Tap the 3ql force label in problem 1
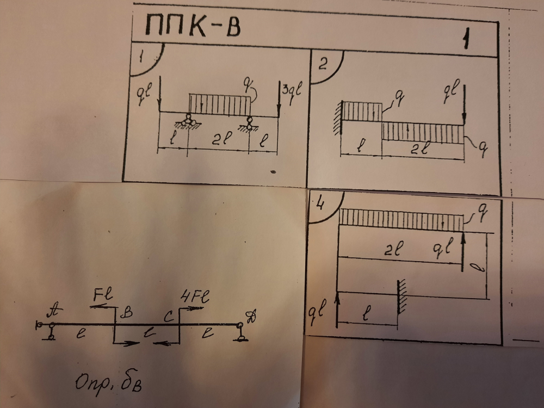pos(292,90)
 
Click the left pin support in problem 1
pos(188,121)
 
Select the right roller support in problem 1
pos(250,123)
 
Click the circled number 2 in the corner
pos(323,66)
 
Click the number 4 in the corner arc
pos(320,205)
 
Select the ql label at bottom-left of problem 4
pos(318,313)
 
